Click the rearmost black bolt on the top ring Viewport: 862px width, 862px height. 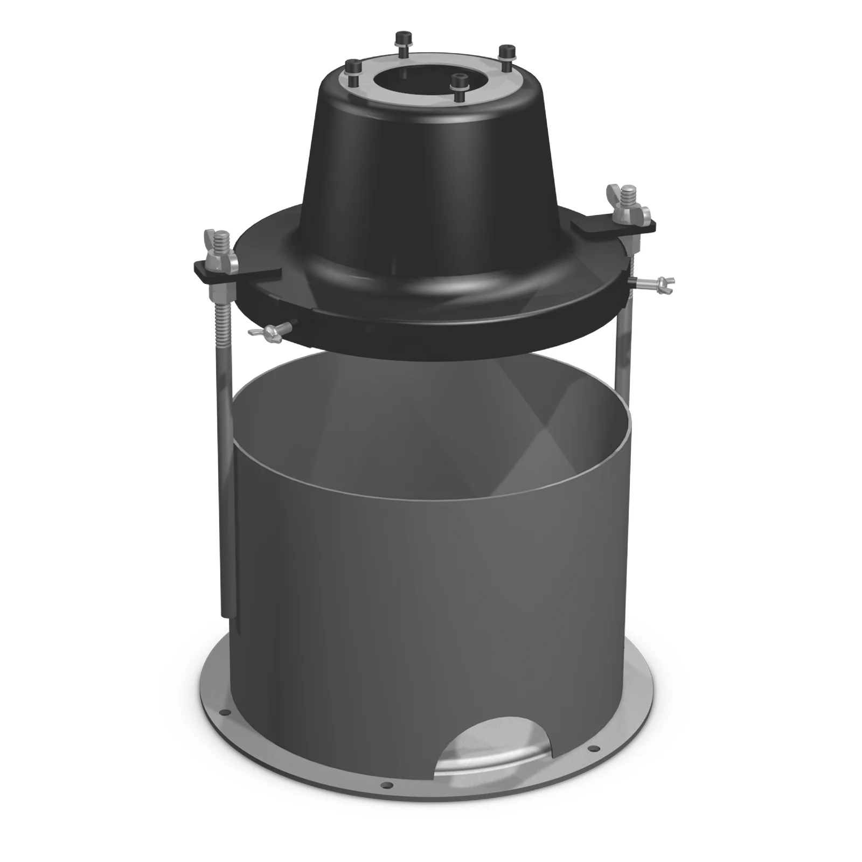point(401,39)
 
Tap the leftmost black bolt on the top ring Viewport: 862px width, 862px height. point(353,67)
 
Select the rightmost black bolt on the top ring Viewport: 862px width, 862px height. point(506,53)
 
